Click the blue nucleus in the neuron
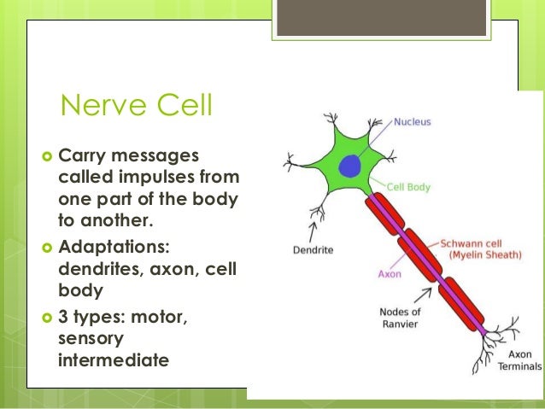pyautogui.click(x=351, y=166)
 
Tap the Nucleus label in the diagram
pyautogui.click(x=413, y=122)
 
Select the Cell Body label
pyautogui.click(x=408, y=186)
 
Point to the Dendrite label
pyautogui.click(x=312, y=251)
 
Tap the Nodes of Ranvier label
pyautogui.click(x=400, y=318)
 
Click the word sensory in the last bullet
pyautogui.click(x=91, y=340)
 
